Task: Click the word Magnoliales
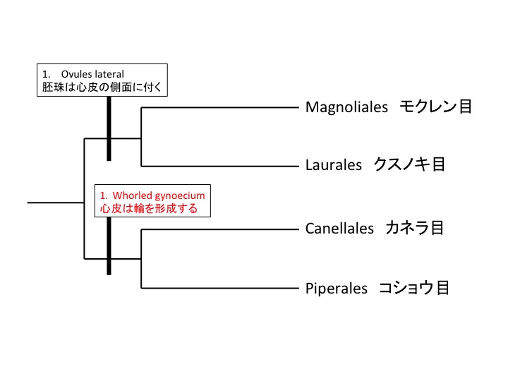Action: coord(347,107)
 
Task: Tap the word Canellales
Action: coord(339,229)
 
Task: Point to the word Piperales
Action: coord(337,288)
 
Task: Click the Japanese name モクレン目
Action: coord(435,107)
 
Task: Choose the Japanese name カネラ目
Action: coord(415,229)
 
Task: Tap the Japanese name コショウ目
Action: coord(414,288)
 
